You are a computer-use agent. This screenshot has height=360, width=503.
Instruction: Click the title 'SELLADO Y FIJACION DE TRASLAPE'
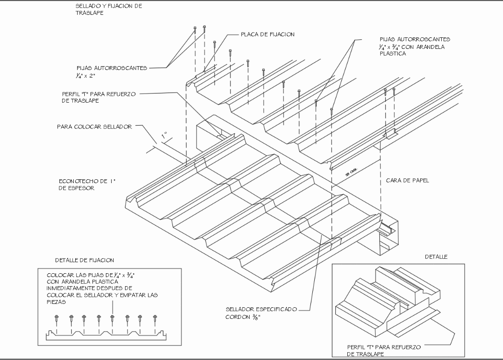[108, 10]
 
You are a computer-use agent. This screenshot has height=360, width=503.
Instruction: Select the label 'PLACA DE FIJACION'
[267, 35]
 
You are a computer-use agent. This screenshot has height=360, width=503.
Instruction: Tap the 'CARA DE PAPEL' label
[406, 181]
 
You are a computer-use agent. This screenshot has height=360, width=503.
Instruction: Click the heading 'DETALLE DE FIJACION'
[85, 260]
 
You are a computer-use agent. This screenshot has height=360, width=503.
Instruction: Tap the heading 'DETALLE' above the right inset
[435, 257]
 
